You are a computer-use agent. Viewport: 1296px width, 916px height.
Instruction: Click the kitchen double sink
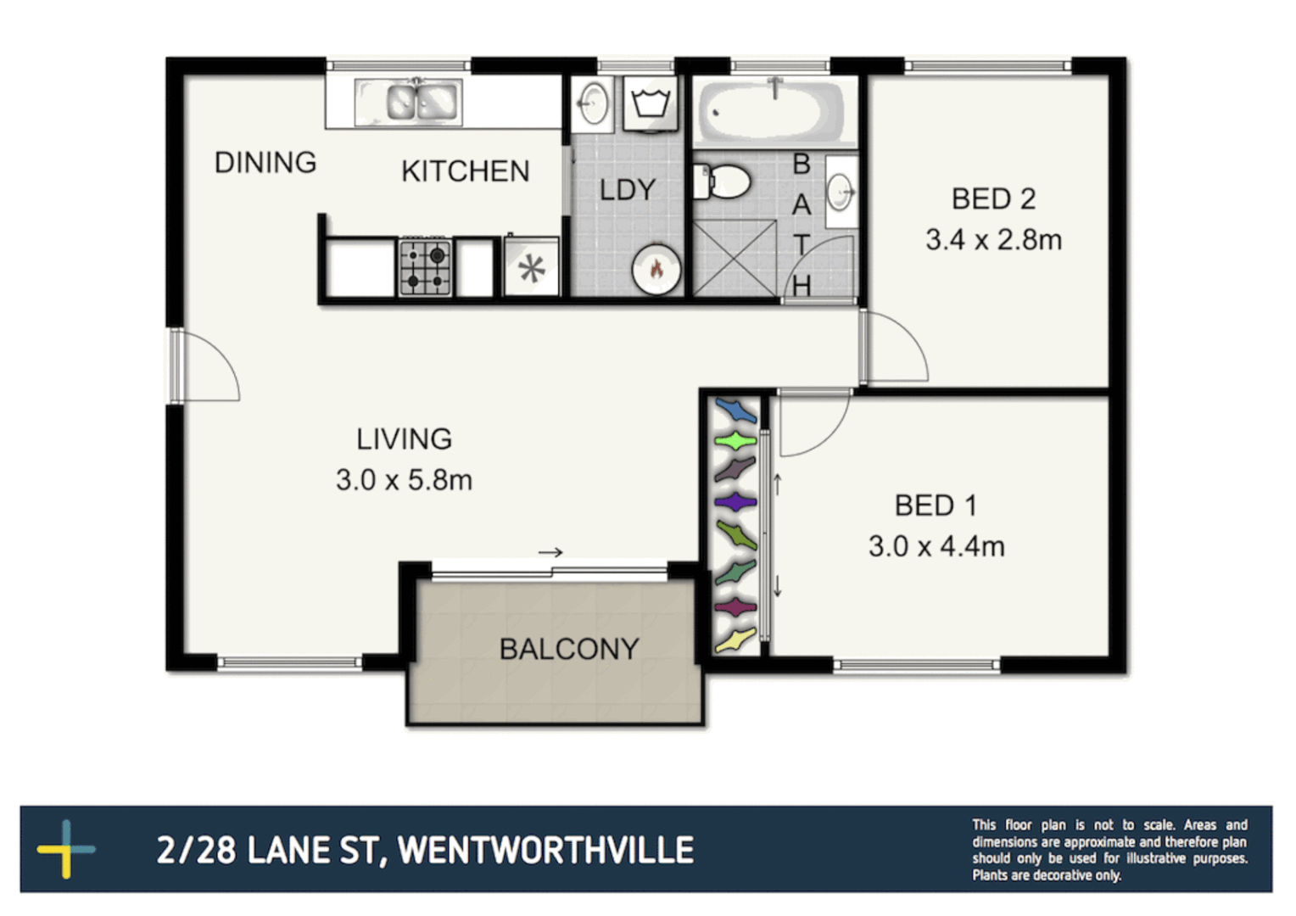tap(422, 102)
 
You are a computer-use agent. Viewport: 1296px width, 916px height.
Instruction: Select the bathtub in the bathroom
tap(771, 111)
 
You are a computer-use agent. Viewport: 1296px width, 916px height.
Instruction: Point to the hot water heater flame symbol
tap(656, 269)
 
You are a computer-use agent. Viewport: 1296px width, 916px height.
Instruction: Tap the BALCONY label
tap(568, 649)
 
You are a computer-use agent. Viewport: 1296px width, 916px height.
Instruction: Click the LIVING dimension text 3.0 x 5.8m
tap(404, 480)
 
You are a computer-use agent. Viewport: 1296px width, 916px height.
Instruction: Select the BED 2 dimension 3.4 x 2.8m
tap(993, 240)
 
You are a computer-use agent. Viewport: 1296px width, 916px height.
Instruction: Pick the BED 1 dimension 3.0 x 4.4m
tap(936, 546)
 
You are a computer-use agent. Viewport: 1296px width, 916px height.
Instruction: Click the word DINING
tap(265, 162)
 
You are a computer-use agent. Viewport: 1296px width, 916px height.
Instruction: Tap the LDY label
tap(628, 190)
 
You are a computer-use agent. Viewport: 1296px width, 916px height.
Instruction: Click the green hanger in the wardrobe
tap(735, 441)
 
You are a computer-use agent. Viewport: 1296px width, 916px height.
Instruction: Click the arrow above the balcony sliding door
tap(550, 552)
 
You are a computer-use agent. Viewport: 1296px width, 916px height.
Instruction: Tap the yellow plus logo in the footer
tap(65, 848)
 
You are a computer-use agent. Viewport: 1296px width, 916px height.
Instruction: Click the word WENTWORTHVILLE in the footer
tap(545, 850)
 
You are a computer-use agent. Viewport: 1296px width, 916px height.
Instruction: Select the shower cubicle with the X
tap(735, 258)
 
